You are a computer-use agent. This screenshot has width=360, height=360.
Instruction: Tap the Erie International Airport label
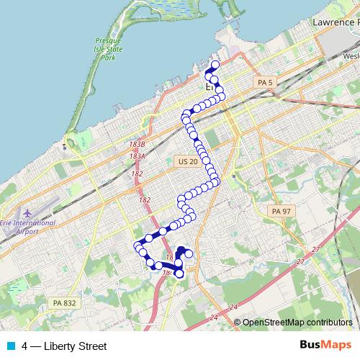pyautogui.click(x=28, y=228)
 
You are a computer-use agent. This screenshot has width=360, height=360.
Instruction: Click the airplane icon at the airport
pyautogui.click(x=27, y=214)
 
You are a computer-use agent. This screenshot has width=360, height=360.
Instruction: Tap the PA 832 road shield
pyautogui.click(x=64, y=303)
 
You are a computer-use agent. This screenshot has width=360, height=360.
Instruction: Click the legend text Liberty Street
pyautogui.click(x=75, y=346)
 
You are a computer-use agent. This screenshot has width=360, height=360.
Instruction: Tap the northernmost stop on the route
pyautogui.click(x=215, y=65)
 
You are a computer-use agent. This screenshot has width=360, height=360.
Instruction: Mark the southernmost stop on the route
pyautogui.click(x=179, y=274)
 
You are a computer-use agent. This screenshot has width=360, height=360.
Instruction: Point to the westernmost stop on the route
pyautogui.click(x=137, y=248)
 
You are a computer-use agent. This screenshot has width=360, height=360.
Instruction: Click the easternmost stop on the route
pyautogui.click(x=222, y=96)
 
